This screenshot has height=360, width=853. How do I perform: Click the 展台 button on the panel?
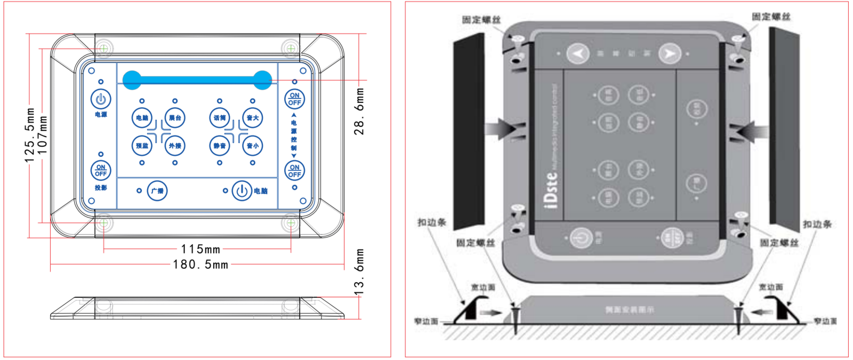pyautogui.click(x=175, y=118)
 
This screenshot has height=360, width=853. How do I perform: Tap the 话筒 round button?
pyautogui.click(x=220, y=118)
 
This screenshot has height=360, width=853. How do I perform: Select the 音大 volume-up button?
pyautogui.click(x=253, y=118)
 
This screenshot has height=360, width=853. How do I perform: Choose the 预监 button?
pyautogui.click(x=142, y=146)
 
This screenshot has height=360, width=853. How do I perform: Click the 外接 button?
pyautogui.click(x=175, y=146)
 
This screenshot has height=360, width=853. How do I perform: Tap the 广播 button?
pyautogui.click(x=157, y=190)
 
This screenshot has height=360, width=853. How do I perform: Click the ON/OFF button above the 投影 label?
pyautogui.click(x=101, y=171)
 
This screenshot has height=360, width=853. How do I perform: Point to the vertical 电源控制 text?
pyautogui.click(x=294, y=135)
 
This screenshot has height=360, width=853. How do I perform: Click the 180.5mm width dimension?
pyautogui.click(x=200, y=265)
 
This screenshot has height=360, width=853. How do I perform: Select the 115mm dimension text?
pyautogui.click(x=200, y=249)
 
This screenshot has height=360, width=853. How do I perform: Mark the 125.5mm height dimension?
pyautogui.click(x=30, y=135)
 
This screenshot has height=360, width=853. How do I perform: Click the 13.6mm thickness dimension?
pyautogui.click(x=360, y=272)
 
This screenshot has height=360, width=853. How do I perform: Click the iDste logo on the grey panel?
pyautogui.click(x=551, y=189)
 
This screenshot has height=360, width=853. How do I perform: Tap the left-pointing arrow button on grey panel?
pyautogui.click(x=578, y=53)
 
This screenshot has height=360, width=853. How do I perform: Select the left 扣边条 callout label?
pyautogui.click(x=431, y=222)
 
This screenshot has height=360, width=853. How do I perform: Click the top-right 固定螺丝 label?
pyautogui.click(x=771, y=17)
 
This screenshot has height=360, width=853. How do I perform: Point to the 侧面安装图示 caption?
pyautogui.click(x=629, y=310)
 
